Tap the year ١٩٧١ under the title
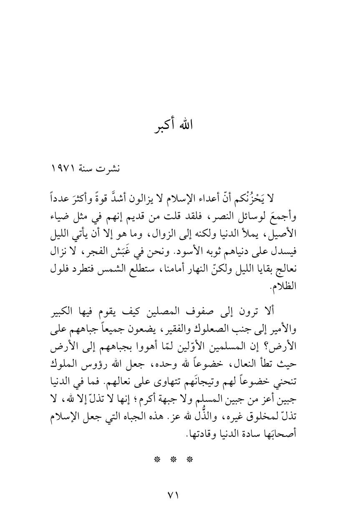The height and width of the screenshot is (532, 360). coord(64,169)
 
